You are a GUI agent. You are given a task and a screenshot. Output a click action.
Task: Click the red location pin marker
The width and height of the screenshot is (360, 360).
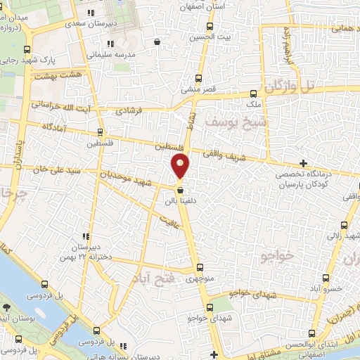(x=181, y=165)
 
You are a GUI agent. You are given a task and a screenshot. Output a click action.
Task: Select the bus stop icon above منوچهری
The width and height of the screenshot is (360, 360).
(x=200, y=267)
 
